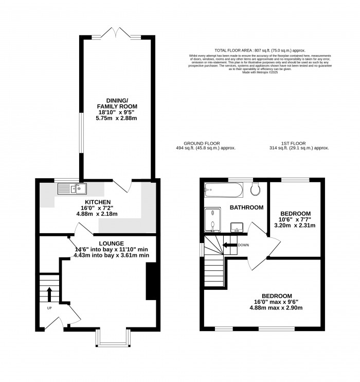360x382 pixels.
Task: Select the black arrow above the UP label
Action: [49, 294]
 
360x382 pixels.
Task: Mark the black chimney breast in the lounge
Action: [151, 281]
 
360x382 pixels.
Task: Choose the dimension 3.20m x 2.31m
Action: [295, 225]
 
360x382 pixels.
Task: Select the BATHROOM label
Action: [247, 207]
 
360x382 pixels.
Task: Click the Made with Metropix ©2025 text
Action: [260, 73]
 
